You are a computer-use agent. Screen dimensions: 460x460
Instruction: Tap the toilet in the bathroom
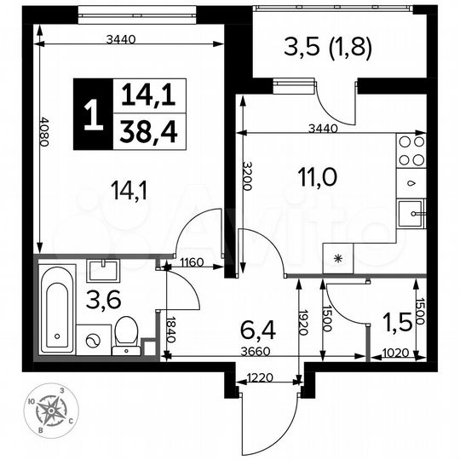point(126,335)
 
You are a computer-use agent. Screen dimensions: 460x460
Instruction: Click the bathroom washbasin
point(106,271)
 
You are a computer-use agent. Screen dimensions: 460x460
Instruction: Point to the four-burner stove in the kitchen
point(412,152)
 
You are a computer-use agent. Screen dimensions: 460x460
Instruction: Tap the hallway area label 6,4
point(261,326)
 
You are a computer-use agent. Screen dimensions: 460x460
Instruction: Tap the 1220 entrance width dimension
point(261,378)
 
